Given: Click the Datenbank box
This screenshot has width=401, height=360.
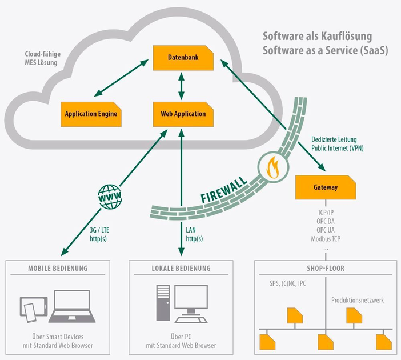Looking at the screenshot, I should click(x=183, y=58).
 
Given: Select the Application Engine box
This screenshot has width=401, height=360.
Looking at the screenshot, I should click(x=91, y=114).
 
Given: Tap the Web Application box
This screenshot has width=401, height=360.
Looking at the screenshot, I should click(x=183, y=114).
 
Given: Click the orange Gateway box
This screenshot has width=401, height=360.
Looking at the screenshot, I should click(x=326, y=187).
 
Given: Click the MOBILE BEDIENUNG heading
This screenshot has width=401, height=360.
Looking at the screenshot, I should click(x=58, y=268).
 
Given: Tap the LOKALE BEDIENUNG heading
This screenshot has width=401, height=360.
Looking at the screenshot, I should click(x=181, y=268).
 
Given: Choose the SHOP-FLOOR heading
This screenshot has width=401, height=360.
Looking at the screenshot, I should click(x=326, y=269).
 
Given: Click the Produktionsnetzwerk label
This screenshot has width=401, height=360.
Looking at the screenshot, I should click(x=358, y=300).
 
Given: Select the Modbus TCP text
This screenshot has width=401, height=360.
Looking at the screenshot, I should click(x=326, y=238).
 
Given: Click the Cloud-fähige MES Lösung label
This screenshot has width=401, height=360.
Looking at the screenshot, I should click(x=42, y=58).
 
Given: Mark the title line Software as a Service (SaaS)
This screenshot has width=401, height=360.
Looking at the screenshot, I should click(x=325, y=50).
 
